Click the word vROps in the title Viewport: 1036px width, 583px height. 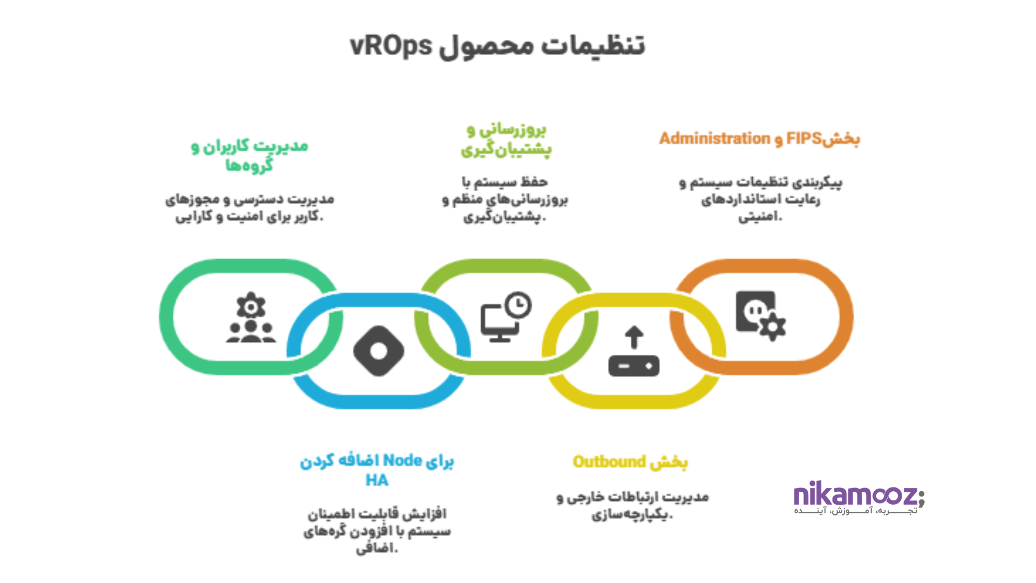coord(391,46)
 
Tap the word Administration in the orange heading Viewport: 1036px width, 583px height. coord(714,139)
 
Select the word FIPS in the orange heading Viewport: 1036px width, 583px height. coord(803,139)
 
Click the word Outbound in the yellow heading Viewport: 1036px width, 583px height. coord(609,462)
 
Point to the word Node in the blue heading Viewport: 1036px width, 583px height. coord(402,460)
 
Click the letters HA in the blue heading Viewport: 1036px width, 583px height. coord(377,480)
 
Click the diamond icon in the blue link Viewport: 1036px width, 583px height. coord(379,351)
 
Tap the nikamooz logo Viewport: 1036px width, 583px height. coord(858,495)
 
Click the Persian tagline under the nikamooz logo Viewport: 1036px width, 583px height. coord(855,511)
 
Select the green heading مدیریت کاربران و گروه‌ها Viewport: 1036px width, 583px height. coord(249,155)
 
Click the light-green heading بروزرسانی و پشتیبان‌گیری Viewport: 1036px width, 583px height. coord(506,139)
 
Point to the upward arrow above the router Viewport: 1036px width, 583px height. coord(634,337)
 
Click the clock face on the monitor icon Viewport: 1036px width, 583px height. coord(519,305)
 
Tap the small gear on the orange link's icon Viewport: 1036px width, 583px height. coord(773,327)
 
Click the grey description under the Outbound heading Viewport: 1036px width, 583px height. coord(632,506)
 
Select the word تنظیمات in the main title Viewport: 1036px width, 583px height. coord(594,46)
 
